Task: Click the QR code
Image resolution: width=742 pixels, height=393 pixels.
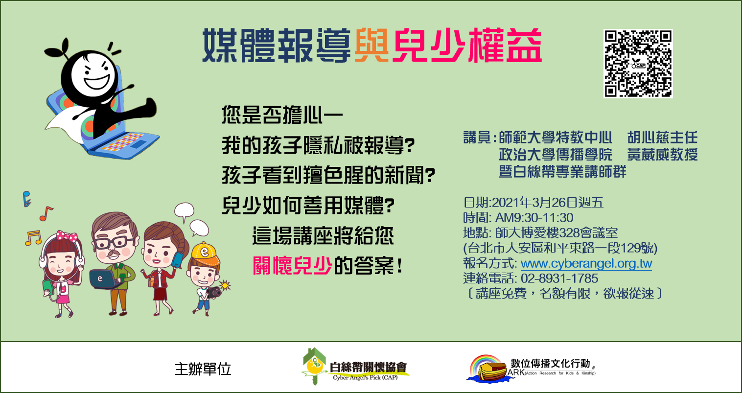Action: (638, 63)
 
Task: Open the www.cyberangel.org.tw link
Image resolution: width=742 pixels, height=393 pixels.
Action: (586, 263)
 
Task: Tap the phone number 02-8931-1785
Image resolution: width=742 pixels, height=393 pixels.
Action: (559, 278)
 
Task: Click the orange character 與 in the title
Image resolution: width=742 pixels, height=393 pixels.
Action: (371, 46)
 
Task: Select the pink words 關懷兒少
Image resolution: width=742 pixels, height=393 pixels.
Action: (293, 266)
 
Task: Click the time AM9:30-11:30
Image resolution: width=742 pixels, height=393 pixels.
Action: (534, 218)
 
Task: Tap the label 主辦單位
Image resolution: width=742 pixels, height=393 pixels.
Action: (203, 369)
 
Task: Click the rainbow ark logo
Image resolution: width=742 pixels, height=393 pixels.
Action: (489, 369)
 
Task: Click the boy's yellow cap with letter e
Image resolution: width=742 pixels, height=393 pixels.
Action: (206, 254)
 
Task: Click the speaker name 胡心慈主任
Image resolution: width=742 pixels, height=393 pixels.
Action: (663, 138)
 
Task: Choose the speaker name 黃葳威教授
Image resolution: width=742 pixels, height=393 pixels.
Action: (663, 155)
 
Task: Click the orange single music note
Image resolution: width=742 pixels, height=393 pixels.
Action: (46, 214)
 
